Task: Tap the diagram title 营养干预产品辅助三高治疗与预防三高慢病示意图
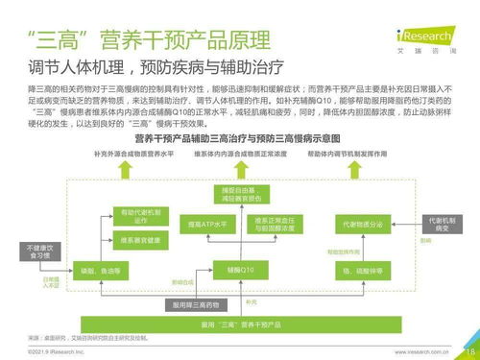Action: [x=239, y=139]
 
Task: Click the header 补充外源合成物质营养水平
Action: [x=138, y=154]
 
